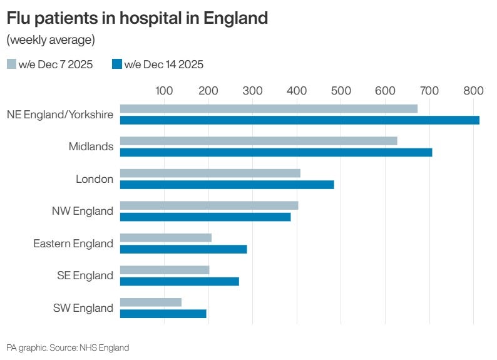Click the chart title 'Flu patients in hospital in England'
click(137, 18)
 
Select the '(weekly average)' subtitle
click(51, 41)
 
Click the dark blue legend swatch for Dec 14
click(117, 64)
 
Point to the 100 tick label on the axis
click(164, 90)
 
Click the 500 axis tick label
click(341, 90)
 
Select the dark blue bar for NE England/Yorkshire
click(299, 120)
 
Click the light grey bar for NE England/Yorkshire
click(269, 109)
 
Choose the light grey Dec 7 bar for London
click(210, 173)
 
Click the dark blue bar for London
click(227, 185)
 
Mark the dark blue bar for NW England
click(205, 217)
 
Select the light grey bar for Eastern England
click(165, 238)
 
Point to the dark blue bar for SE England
click(179, 281)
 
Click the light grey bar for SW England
click(150, 302)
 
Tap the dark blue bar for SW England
click(163, 314)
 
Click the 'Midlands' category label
click(91, 147)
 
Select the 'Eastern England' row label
click(73, 244)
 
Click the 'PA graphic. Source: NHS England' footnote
click(68, 347)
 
